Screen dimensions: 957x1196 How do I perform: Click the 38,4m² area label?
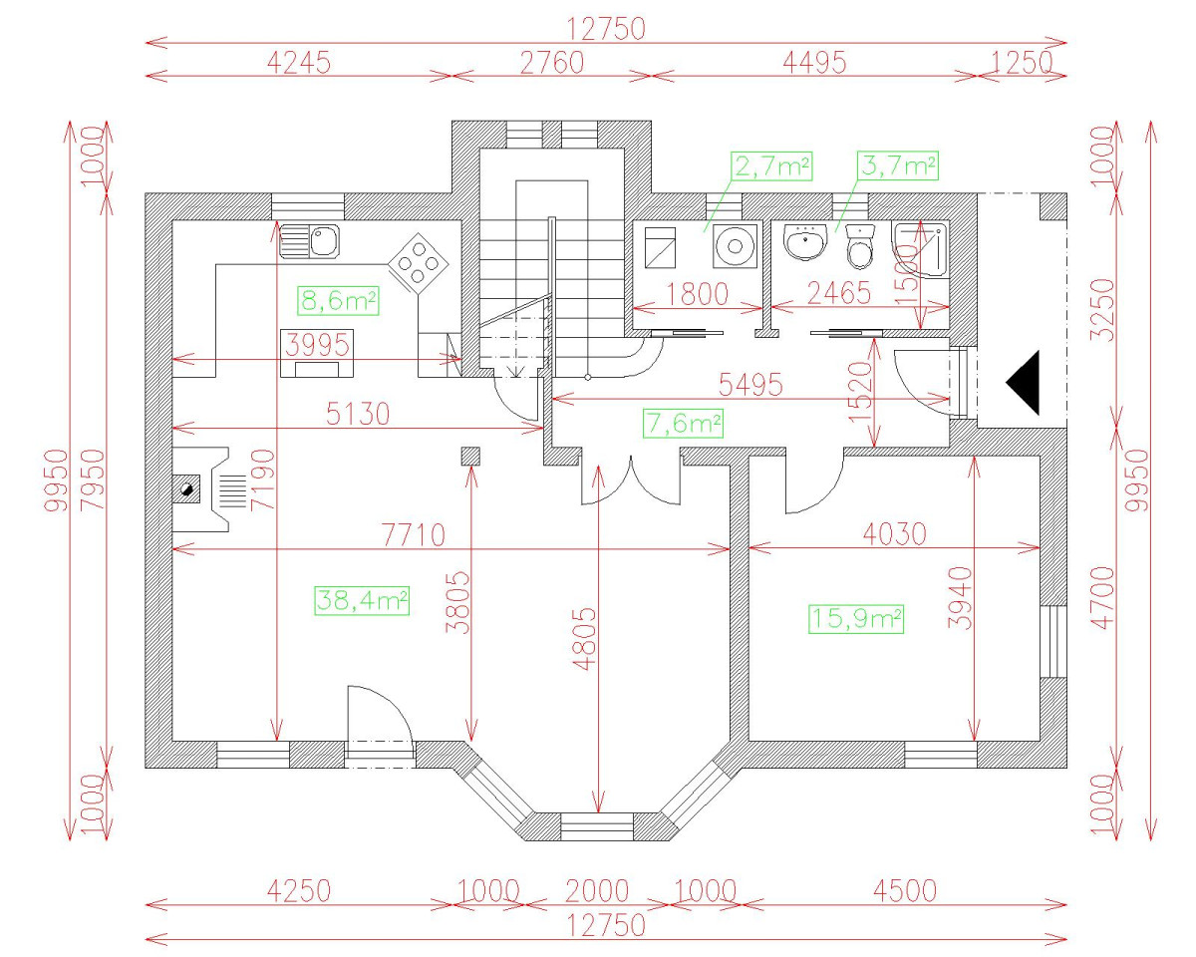[362, 599]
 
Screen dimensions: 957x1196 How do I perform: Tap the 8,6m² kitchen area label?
[339, 299]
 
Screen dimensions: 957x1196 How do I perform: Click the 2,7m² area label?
[771, 165]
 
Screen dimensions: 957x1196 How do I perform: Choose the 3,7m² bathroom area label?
[898, 165]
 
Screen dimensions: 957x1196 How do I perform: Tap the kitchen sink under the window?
[310, 240]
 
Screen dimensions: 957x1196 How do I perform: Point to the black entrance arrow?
[1024, 383]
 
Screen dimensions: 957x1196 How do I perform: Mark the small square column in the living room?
[470, 457]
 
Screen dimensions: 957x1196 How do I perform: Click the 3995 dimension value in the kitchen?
[317, 345]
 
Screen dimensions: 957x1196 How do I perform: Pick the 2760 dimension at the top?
[551, 62]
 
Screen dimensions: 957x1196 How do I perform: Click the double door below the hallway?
[630, 480]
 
